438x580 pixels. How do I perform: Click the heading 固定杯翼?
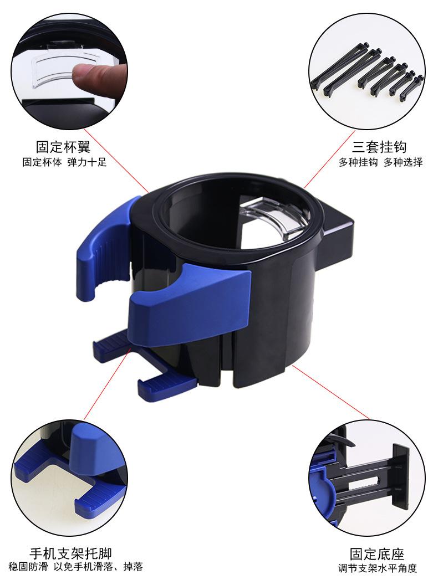[x=63, y=147]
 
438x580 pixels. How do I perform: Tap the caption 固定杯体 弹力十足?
[x=64, y=162]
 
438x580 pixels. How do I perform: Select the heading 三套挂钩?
[x=380, y=147]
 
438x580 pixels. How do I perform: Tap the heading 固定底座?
[x=377, y=554]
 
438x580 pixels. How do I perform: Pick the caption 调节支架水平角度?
[x=377, y=568]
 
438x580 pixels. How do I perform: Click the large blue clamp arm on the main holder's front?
[x=189, y=307]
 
